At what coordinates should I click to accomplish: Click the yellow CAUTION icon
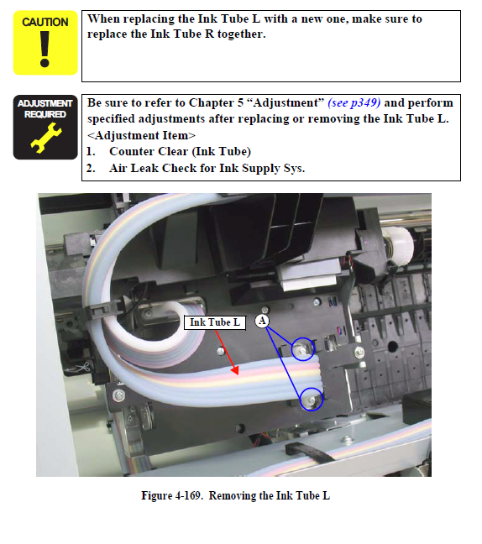tap(45, 43)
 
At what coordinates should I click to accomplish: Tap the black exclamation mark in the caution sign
tap(45, 50)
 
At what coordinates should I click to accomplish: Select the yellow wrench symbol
tap(46, 138)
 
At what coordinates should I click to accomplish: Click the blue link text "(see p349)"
tap(354, 102)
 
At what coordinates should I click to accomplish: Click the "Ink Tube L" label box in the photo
tap(215, 322)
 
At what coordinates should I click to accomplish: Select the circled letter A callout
tap(262, 321)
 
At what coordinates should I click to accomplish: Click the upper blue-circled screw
tap(303, 349)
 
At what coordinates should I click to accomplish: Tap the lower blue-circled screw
tap(312, 400)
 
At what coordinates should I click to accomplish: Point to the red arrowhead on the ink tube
tap(235, 370)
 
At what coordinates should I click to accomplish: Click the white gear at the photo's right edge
tap(398, 245)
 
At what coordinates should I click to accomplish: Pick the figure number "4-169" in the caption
tap(188, 495)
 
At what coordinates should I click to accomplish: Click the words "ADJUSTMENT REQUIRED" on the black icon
tap(45, 108)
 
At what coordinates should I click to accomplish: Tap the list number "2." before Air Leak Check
tap(91, 168)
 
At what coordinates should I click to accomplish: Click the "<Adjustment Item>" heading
tap(141, 135)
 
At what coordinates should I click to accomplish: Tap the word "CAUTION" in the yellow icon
tap(45, 22)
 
